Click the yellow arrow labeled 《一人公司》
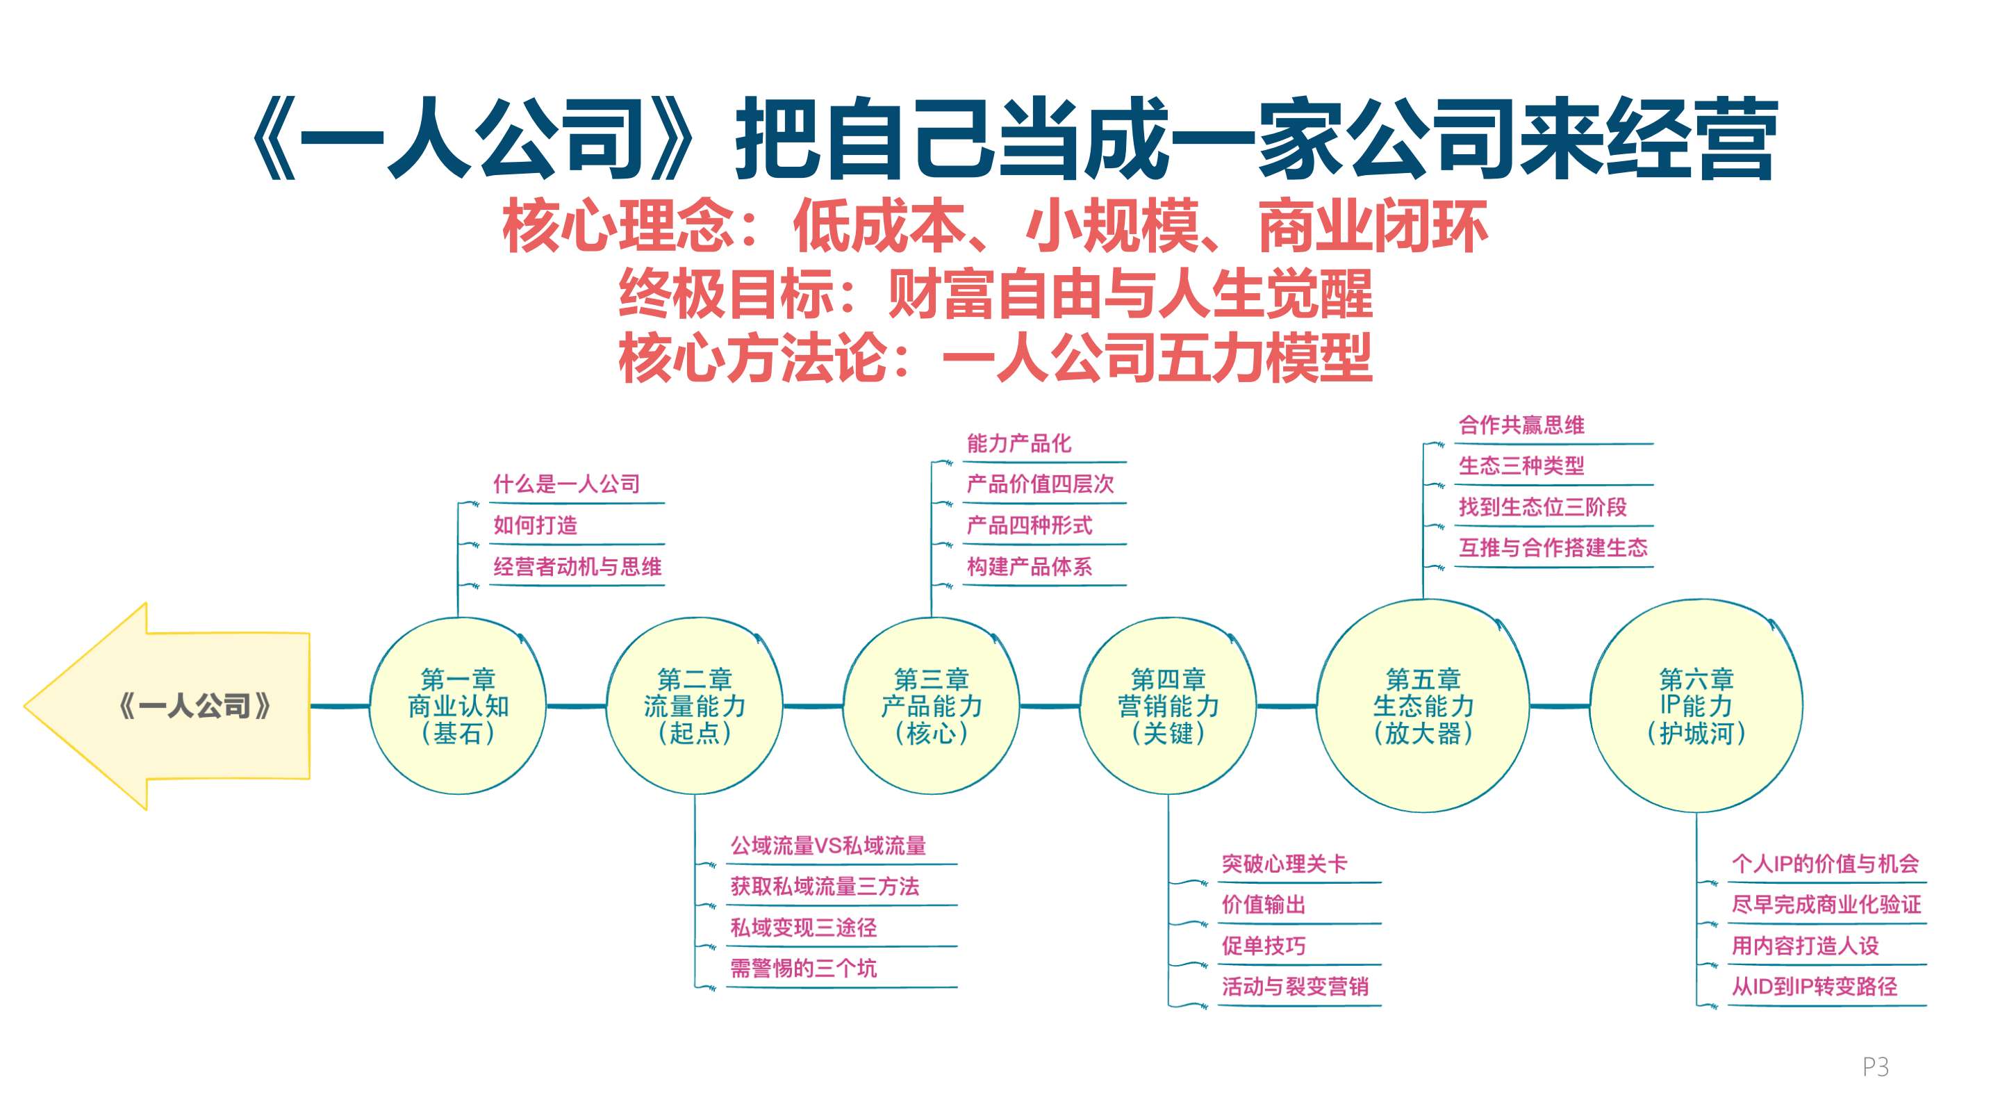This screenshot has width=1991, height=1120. [167, 706]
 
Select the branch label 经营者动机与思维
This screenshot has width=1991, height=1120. [577, 566]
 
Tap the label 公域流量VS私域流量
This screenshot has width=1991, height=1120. [828, 846]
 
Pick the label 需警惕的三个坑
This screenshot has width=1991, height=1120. [803, 969]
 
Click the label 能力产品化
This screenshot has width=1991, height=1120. [1018, 444]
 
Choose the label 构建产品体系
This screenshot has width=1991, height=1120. [1030, 566]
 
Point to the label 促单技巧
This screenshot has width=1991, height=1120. [1263, 946]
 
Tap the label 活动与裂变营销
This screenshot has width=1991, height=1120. [1295, 987]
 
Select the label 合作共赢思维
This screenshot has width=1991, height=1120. [1521, 425]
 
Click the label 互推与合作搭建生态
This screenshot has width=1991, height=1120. [1553, 548]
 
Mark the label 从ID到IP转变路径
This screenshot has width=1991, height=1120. [1814, 987]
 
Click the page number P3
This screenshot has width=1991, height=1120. [1876, 1067]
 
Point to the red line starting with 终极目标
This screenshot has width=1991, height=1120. [996, 294]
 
